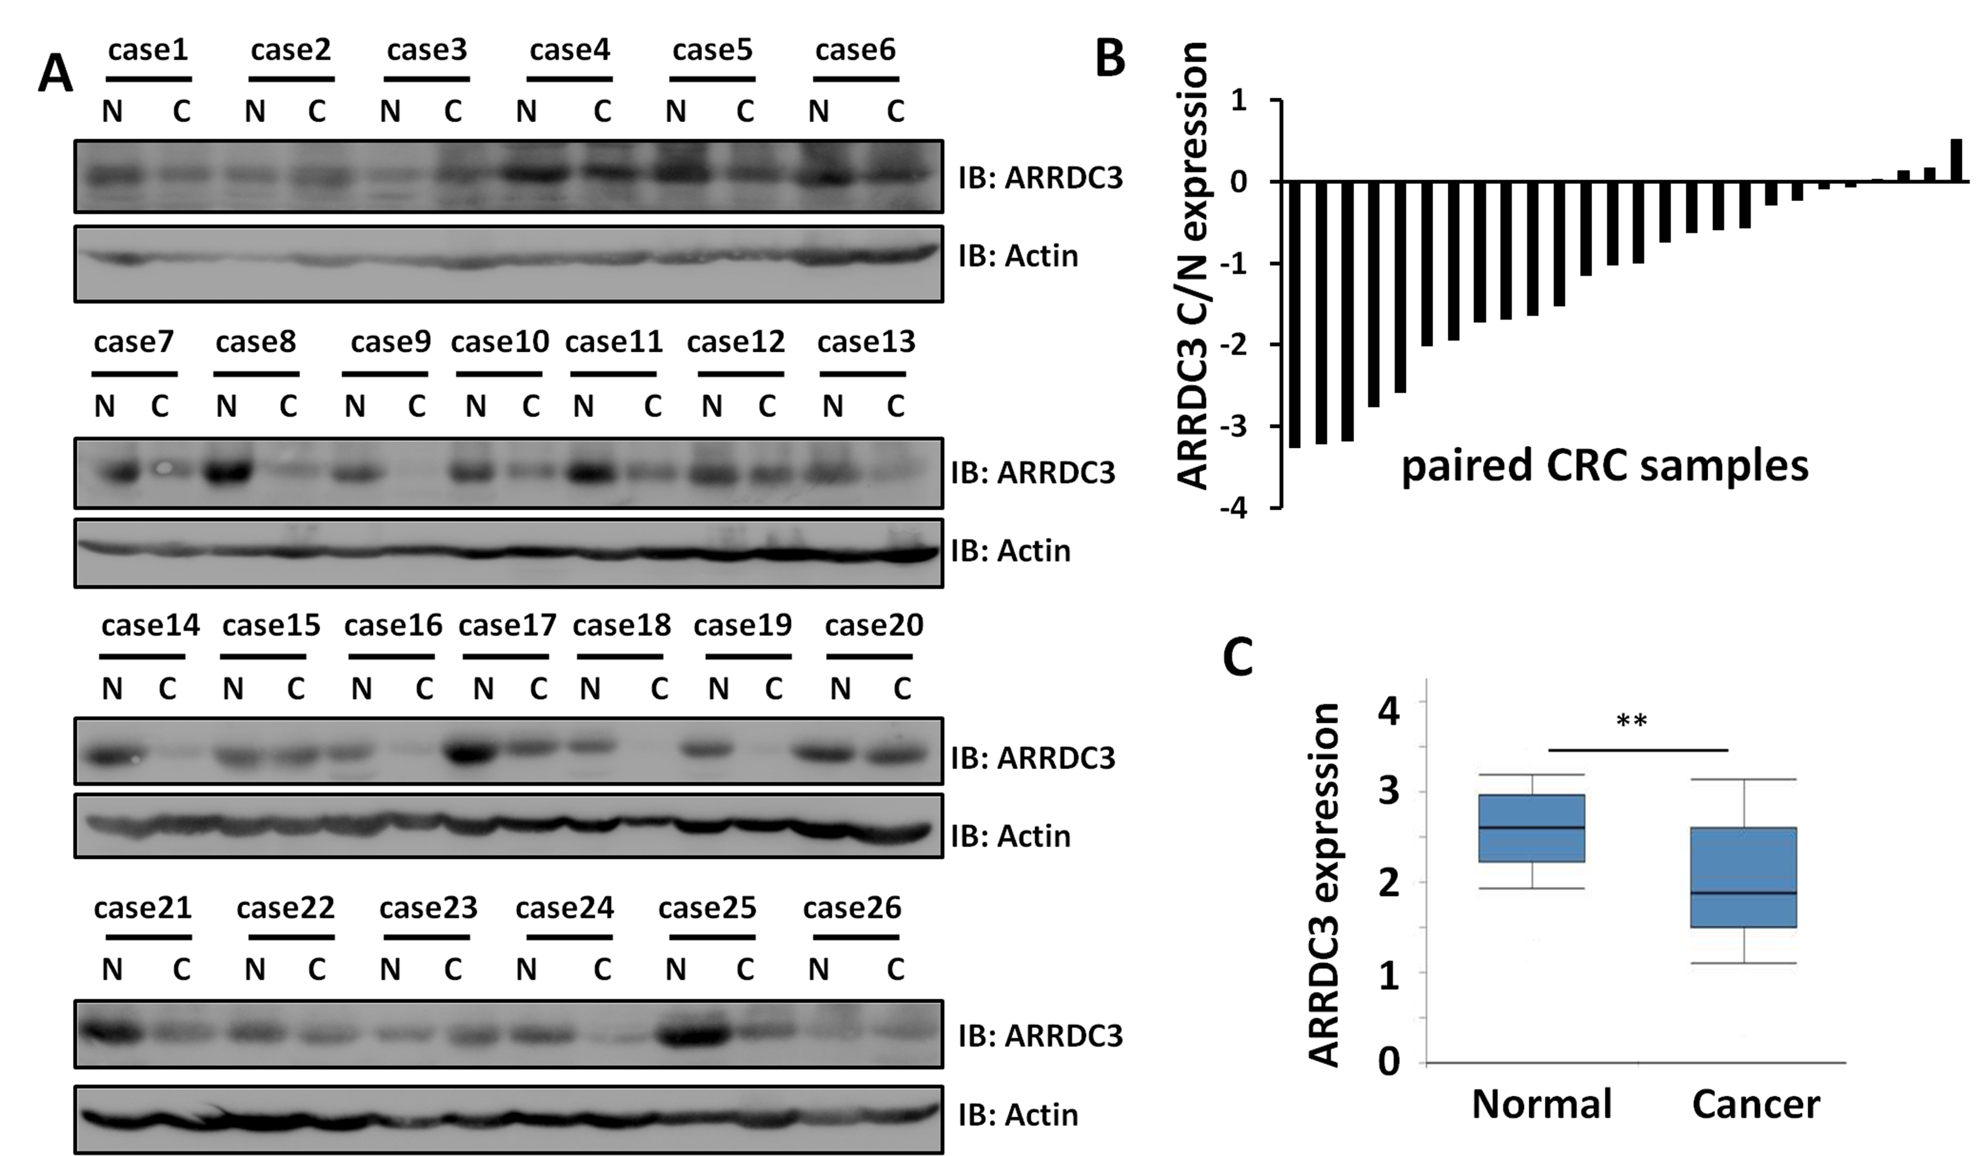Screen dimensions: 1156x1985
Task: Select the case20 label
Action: pyautogui.click(x=874, y=625)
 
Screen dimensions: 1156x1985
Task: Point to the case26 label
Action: pyautogui.click(x=852, y=908)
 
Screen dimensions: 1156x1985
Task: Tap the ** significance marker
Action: pyautogui.click(x=1631, y=721)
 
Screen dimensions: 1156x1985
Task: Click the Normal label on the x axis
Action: pyautogui.click(x=1542, y=1104)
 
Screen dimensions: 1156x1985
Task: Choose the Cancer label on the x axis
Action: pyautogui.click(x=1756, y=1104)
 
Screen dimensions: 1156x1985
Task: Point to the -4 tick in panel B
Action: pyautogui.click(x=1246, y=509)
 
